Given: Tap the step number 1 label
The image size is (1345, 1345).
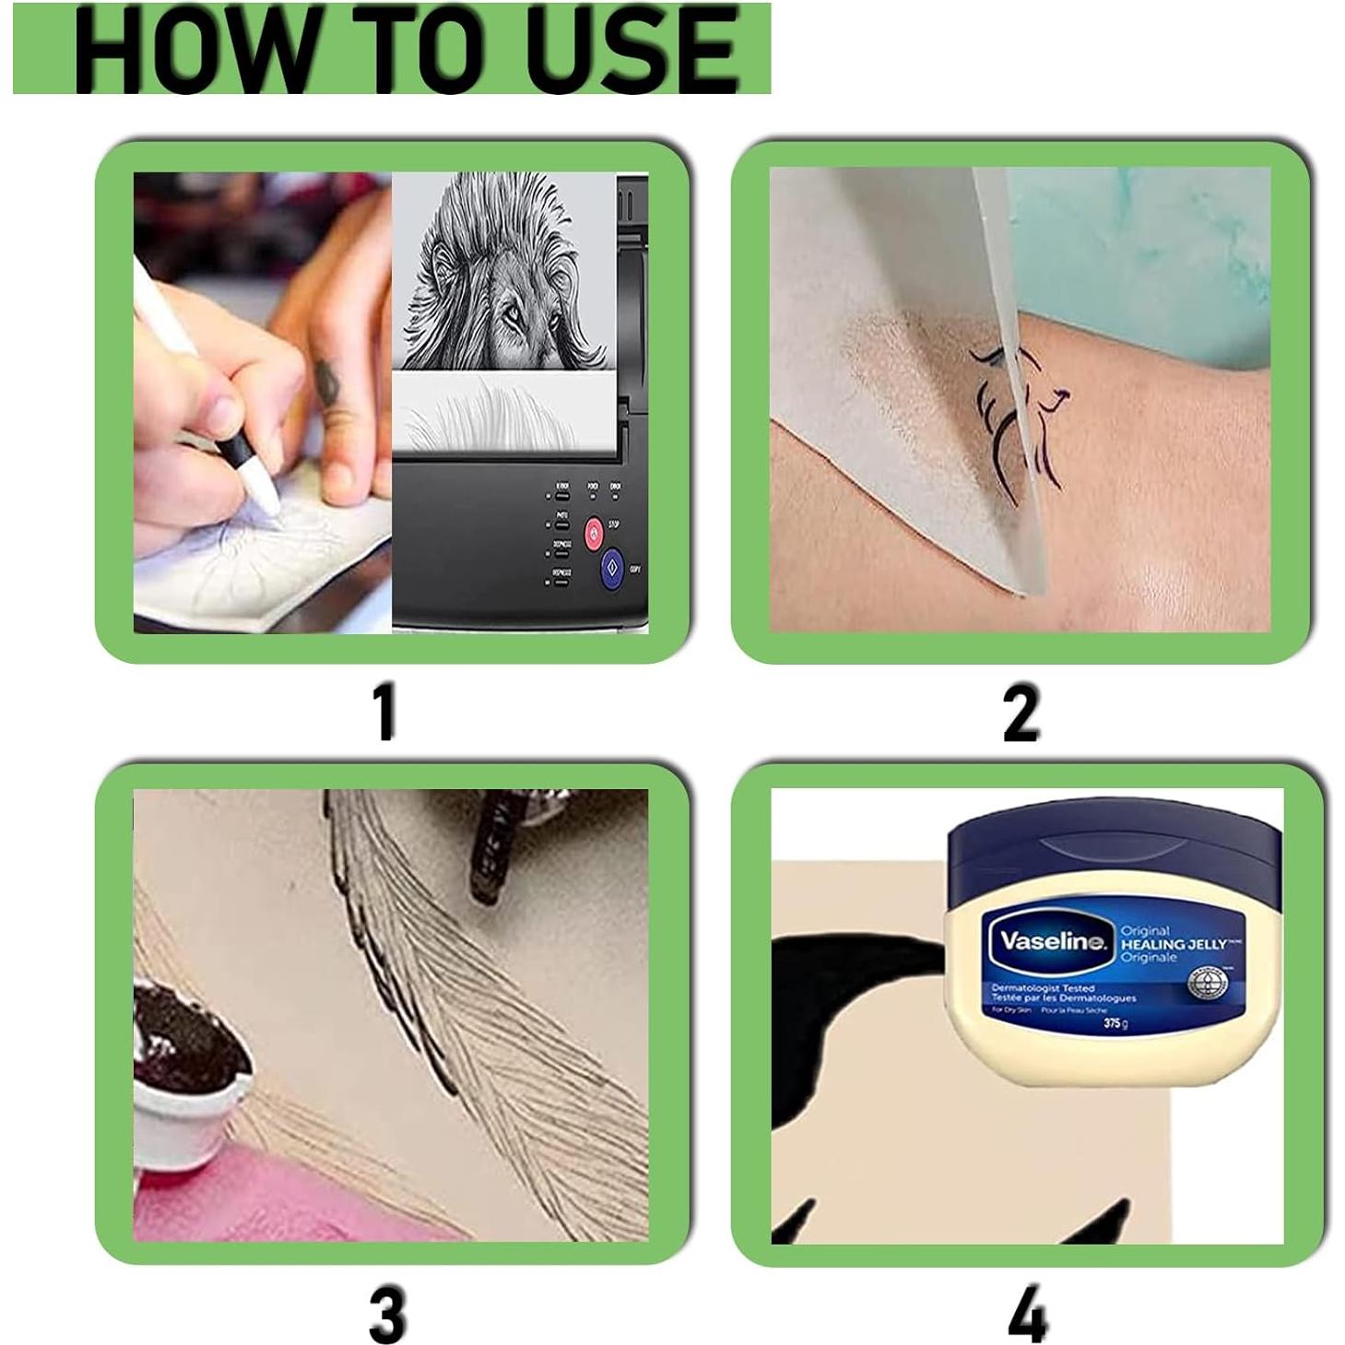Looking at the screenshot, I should point(385,713).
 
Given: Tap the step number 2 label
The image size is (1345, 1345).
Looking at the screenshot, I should point(1021,713).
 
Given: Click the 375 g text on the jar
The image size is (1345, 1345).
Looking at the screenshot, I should point(1115,1023).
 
